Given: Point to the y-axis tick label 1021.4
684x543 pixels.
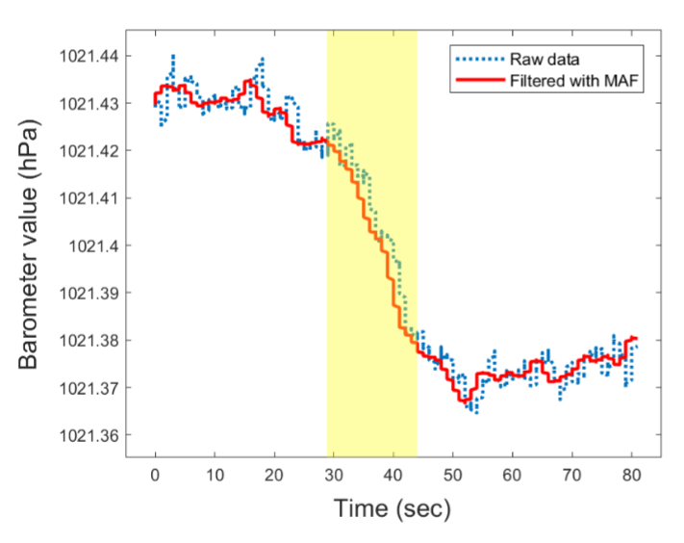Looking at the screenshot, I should click(x=94, y=246).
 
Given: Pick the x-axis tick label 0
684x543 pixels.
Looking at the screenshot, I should click(x=155, y=474).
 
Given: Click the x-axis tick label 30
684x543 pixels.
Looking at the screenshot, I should click(x=334, y=474).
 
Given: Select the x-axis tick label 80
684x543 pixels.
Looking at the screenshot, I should click(x=631, y=474).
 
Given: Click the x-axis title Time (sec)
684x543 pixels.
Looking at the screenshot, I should click(x=393, y=508).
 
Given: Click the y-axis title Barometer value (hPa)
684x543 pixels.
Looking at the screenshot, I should click(x=31, y=246).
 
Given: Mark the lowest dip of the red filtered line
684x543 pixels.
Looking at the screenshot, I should click(x=464, y=401).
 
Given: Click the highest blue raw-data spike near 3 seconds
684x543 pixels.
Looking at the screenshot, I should click(x=173, y=57).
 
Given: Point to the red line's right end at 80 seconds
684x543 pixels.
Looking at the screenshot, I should click(x=635, y=338).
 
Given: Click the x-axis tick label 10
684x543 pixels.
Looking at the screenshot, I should click(x=215, y=474).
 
